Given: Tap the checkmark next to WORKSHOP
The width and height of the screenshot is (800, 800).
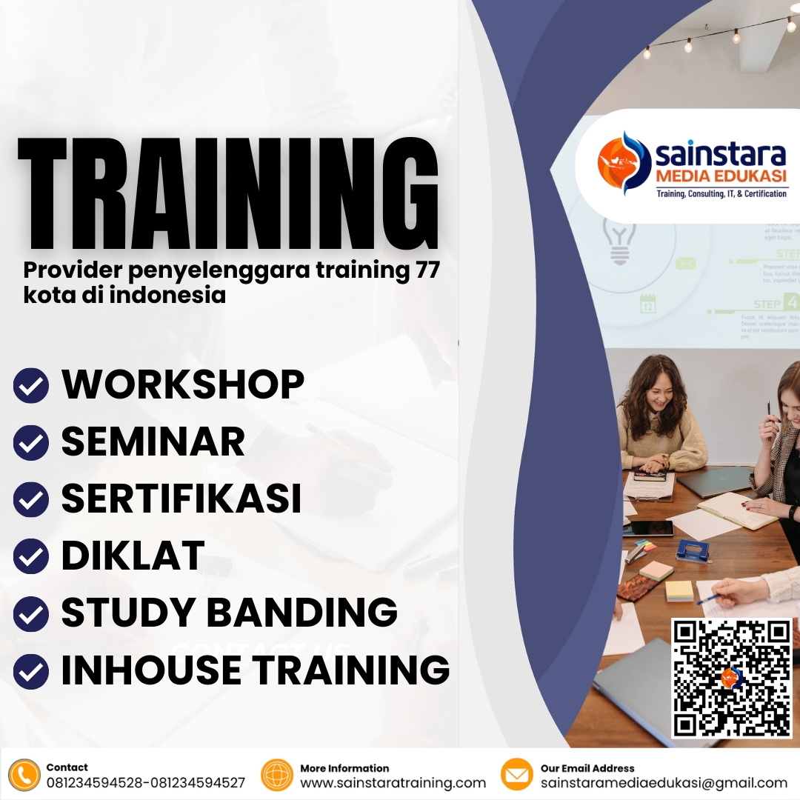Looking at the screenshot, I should pos(31,386).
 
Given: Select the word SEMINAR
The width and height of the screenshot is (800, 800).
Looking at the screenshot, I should pos(153,441).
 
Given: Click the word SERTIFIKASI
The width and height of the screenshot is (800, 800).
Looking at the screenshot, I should pos(181,499).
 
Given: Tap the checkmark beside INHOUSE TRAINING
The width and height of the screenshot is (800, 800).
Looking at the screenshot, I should pos(31,671).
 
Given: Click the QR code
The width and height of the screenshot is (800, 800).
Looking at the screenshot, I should pos(732,678).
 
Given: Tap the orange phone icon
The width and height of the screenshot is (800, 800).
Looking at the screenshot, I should pos(24,775).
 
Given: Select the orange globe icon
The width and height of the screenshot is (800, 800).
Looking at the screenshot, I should pos(277,775).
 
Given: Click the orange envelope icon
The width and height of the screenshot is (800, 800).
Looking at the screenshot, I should pos(517,775).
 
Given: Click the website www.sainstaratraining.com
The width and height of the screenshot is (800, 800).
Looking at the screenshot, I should pos(393,783).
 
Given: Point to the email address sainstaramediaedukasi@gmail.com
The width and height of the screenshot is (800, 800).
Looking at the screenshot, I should pos(664,783).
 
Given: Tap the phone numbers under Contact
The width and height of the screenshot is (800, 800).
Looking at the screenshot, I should pos(145,783).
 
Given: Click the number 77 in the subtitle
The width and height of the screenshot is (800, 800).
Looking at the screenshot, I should pos(424,271).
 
